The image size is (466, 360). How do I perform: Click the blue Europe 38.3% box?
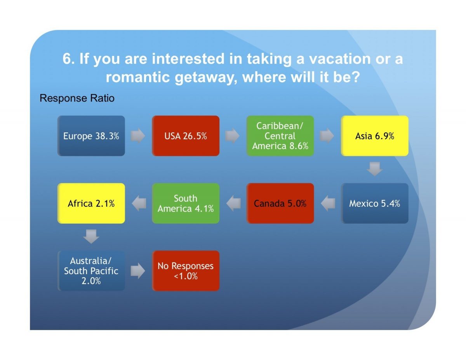[x=91, y=136]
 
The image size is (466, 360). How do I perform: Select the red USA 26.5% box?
[x=186, y=136]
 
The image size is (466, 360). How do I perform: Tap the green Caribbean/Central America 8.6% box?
[x=280, y=136]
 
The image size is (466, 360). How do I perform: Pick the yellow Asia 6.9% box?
[x=375, y=136]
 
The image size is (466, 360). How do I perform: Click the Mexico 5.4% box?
[x=375, y=203]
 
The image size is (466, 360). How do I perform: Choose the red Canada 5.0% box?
[x=280, y=203]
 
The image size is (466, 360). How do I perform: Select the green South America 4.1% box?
[x=186, y=203]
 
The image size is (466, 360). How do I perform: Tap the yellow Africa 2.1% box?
[x=91, y=203]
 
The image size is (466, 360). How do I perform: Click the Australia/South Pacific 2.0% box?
[x=91, y=271]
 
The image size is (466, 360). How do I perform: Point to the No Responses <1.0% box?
[x=186, y=271]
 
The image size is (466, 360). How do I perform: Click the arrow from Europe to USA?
[x=138, y=136]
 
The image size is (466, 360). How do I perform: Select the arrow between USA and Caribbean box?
[x=233, y=136]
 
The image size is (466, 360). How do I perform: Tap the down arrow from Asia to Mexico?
[x=375, y=169]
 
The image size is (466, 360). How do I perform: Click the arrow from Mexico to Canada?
[x=328, y=203]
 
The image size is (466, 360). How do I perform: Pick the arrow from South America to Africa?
[x=139, y=203]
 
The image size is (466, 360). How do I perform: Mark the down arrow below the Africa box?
[x=91, y=237]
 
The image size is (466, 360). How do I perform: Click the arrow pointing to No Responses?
[x=138, y=271]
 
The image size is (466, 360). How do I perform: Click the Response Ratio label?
[x=77, y=98]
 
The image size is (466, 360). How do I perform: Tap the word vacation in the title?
[x=340, y=59]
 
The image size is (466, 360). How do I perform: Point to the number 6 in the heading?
[x=66, y=59]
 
